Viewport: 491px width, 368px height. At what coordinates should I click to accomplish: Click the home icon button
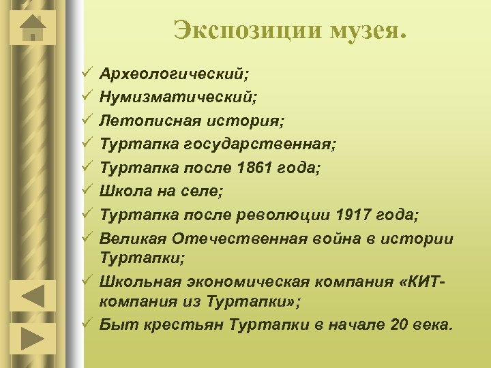point(33,29)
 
